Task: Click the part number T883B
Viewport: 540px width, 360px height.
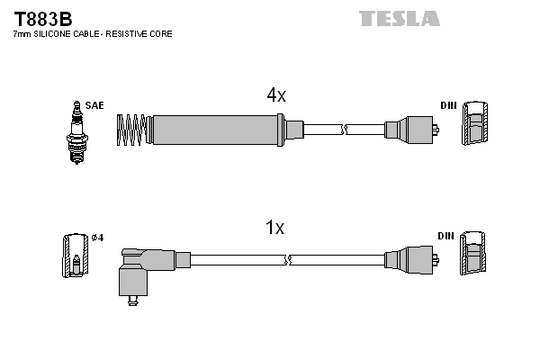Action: (42, 18)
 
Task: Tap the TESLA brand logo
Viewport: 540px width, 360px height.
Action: (400, 18)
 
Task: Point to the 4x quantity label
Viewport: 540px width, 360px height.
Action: (275, 95)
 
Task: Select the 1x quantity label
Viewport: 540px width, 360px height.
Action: (275, 229)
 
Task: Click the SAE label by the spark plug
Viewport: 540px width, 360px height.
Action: (94, 105)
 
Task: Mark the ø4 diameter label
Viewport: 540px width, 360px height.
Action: (97, 238)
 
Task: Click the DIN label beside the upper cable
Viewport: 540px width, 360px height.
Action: (448, 105)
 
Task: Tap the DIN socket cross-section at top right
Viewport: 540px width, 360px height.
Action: (476, 124)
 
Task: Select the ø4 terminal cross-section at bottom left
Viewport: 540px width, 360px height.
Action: (76, 256)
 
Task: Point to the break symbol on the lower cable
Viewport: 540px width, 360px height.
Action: (287, 261)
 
